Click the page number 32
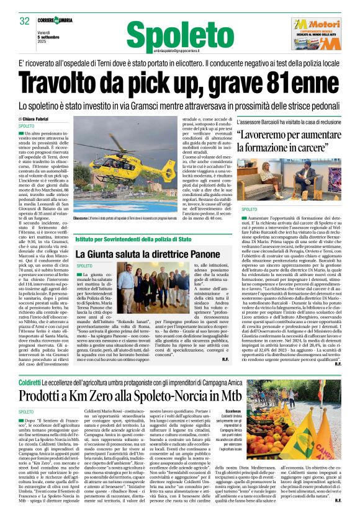pyautogui.click(x=24, y=21)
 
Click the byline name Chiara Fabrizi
pyautogui.click(x=39, y=118)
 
